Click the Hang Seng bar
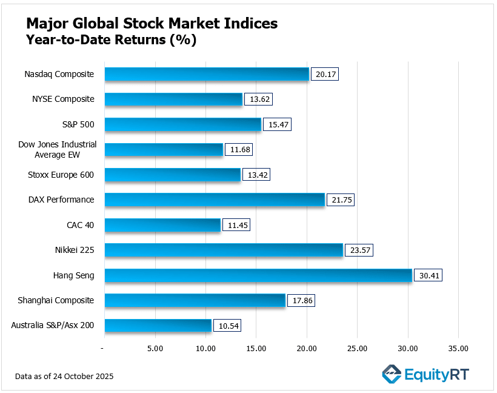(x=258, y=275)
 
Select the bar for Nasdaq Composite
(x=207, y=74)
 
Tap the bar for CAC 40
(x=162, y=225)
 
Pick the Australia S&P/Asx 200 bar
(x=158, y=326)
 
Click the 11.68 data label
(x=239, y=149)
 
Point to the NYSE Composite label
(x=63, y=99)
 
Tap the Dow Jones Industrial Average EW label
(x=58, y=150)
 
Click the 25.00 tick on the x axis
(x=357, y=348)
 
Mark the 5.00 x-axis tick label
(x=155, y=348)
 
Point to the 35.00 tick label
(x=458, y=348)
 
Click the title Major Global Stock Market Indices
(x=152, y=24)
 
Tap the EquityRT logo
(x=425, y=374)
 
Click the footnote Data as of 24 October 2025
(x=64, y=377)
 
